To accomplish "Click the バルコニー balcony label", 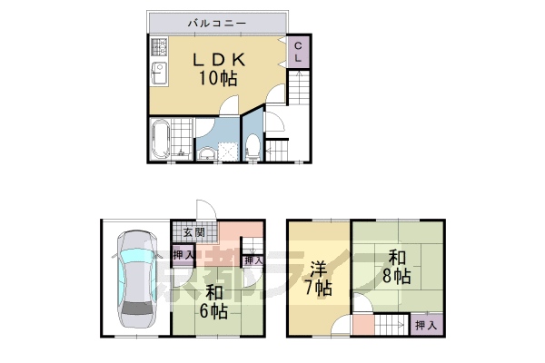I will tap(215, 22).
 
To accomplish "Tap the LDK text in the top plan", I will tap(218, 60).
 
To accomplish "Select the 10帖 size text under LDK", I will tap(218, 79).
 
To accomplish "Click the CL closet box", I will tap(297, 52).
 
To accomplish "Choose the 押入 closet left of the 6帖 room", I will tap(183, 255).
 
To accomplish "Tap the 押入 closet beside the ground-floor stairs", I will tap(253, 260).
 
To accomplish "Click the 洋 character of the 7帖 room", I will tap(318, 270).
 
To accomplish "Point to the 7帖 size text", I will tap(318, 289).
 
